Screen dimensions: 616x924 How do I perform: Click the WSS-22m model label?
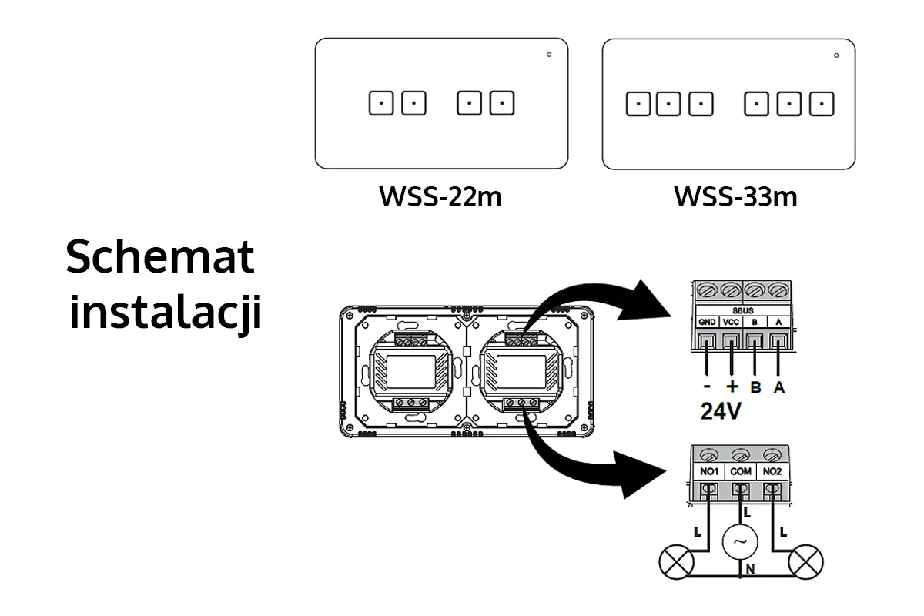coord(440,197)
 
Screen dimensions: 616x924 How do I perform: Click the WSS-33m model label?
coord(735,197)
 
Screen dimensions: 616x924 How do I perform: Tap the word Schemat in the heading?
coord(160,257)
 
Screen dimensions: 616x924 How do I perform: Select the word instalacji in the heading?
coord(166,313)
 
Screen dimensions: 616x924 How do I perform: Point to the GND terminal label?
coord(707,323)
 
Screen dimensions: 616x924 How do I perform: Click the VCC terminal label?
coord(731,323)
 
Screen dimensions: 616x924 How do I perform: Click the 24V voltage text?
coord(721,412)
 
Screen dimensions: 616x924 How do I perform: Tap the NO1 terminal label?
coord(708,471)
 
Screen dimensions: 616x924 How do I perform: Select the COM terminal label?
coord(741,471)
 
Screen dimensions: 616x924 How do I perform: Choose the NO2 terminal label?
coord(772,471)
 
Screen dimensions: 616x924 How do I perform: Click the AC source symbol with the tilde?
coord(740,542)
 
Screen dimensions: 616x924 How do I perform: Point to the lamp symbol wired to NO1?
coord(675,561)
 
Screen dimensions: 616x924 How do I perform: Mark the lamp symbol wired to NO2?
coord(806,561)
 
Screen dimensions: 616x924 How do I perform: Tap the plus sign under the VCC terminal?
coord(731,387)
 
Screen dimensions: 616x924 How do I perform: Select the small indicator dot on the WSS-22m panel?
coord(548,55)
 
